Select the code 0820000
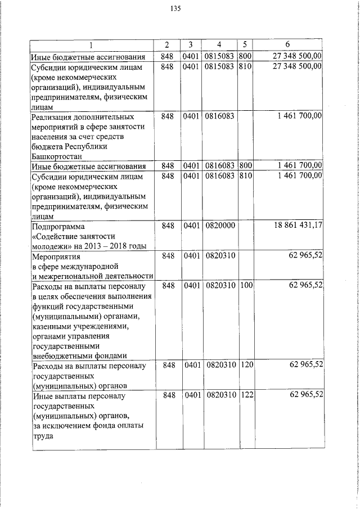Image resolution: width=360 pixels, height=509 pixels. click(x=220, y=225)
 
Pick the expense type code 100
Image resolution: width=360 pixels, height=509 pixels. click(x=246, y=286)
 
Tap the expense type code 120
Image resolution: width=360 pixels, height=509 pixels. click(x=246, y=365)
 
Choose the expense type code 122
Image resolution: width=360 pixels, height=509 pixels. click(x=246, y=396)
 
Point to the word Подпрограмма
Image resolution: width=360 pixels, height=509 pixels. click(x=58, y=226)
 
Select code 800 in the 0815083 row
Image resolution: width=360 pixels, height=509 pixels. click(x=245, y=56)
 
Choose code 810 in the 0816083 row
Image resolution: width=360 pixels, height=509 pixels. click(x=245, y=177)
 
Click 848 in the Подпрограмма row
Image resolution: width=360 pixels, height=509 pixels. click(x=168, y=225)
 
